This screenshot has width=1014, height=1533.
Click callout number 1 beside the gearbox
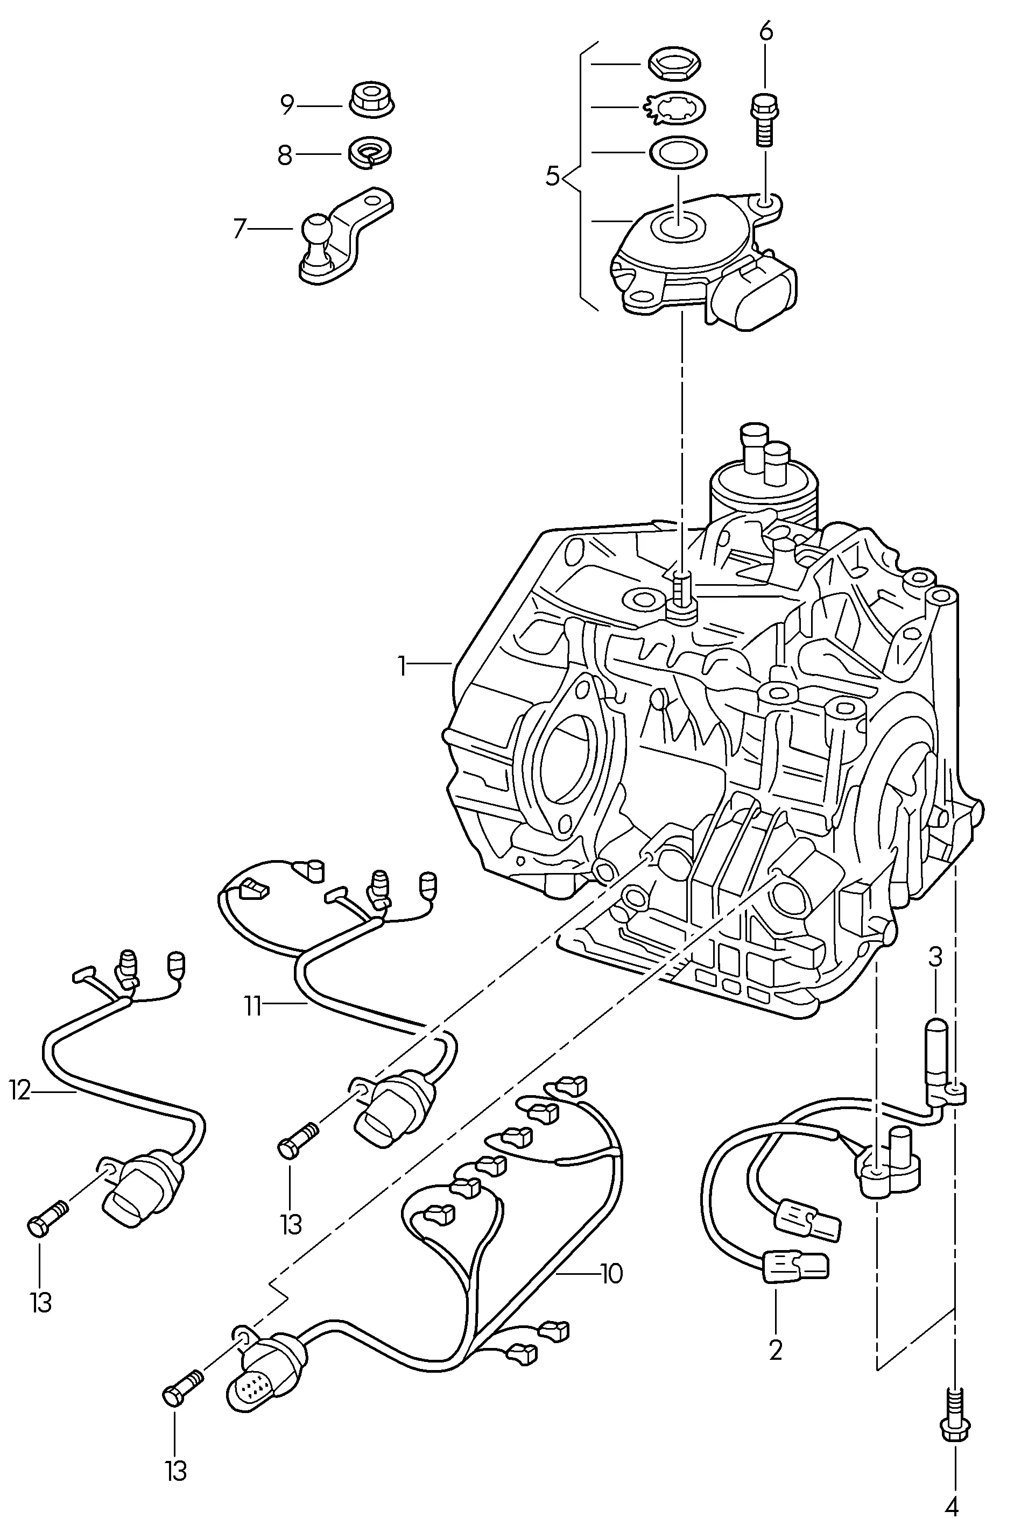click(x=402, y=666)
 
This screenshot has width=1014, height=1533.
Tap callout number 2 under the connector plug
click(x=776, y=1350)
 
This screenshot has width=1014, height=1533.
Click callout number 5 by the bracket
click(x=552, y=176)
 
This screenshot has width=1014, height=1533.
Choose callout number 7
click(x=240, y=228)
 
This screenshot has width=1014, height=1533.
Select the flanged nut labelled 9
click(x=372, y=100)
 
